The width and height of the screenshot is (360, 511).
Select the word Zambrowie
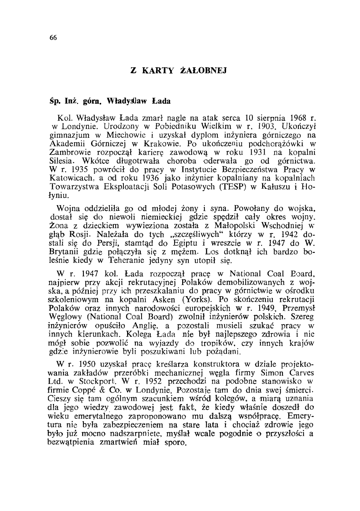pos(66,152)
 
